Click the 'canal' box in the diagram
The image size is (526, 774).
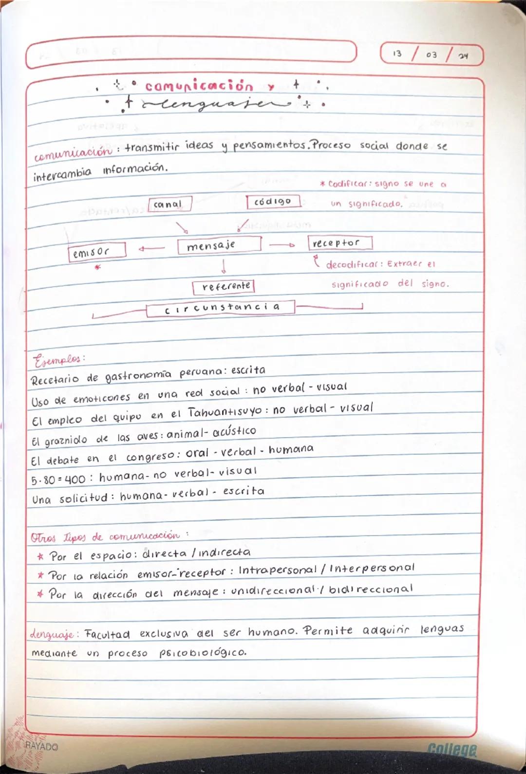coord(170,204)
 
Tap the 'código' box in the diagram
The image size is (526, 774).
coord(273,201)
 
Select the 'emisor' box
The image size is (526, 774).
coord(97,251)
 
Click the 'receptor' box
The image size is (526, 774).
coord(339,242)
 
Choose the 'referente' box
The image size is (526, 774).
coord(224,287)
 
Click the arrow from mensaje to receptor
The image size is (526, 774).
coord(282,245)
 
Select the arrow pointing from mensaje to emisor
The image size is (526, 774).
coord(151,249)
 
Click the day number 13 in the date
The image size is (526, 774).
coord(397,54)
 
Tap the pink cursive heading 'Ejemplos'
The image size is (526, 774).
coord(57,360)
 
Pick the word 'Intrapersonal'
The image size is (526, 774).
coord(277,570)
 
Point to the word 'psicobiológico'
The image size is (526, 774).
coord(203,652)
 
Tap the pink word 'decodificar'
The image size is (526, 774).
coord(352,265)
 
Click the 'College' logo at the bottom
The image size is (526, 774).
coord(452,750)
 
